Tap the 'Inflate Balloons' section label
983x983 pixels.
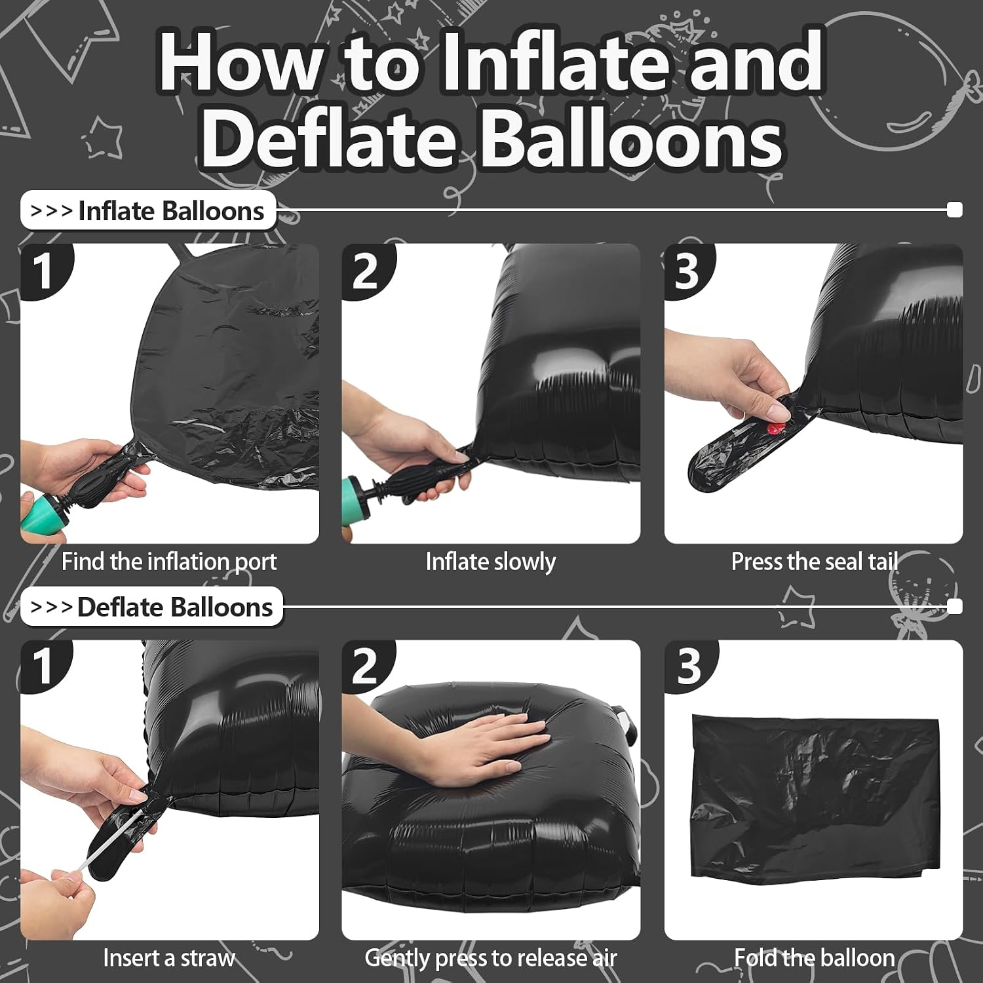click(x=148, y=211)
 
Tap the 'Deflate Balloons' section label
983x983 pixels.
click(x=152, y=607)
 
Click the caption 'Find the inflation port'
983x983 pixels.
click(x=169, y=562)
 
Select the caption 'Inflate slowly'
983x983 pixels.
click(x=491, y=562)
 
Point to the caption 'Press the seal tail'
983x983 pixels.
click(x=814, y=562)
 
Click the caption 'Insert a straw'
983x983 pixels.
click(x=168, y=958)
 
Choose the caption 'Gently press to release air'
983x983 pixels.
click(x=491, y=958)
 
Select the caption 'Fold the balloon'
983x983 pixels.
click(x=814, y=958)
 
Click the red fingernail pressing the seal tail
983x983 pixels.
click(x=775, y=430)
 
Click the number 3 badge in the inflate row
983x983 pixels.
click(x=687, y=270)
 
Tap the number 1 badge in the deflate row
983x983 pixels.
click(x=44, y=666)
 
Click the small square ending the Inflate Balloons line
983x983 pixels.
click(x=955, y=210)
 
